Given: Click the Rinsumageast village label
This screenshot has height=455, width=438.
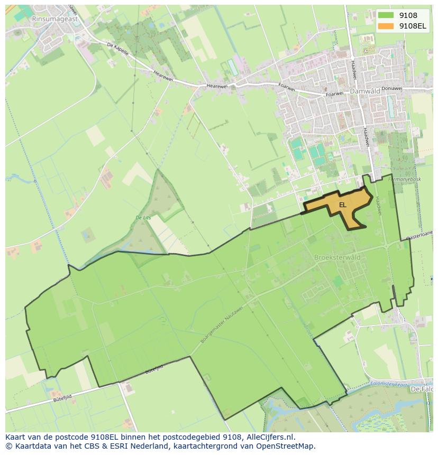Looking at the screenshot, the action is tap(54, 18).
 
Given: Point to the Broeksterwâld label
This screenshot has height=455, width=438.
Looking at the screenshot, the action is tap(337, 257).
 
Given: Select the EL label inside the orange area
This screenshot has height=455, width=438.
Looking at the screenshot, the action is tap(342, 205).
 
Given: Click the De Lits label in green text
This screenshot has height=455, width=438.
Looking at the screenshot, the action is tap(143, 218).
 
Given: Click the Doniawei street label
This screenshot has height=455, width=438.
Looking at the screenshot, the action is tap(391, 88).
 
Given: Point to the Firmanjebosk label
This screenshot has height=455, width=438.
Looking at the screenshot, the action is tap(405, 179).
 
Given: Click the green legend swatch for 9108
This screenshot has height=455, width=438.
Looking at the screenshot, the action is tap(386, 16).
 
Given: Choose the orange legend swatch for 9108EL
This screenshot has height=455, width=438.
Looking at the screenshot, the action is tap(386, 26).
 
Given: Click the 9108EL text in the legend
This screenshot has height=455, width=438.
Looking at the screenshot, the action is tap(413, 26).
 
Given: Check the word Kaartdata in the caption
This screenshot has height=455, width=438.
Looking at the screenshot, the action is tap(29, 446).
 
